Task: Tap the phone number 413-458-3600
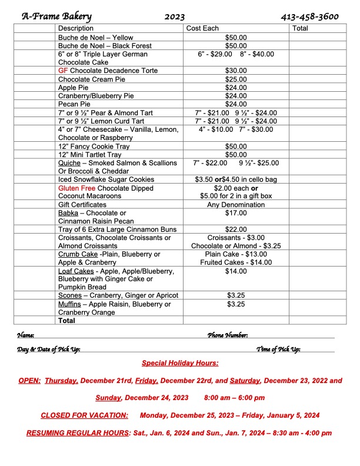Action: click(310, 16)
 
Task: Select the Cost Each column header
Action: click(202, 28)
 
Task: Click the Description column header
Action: click(76, 28)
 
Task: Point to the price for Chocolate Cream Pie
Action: click(236, 79)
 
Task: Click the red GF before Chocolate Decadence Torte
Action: click(63, 70)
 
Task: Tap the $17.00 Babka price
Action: click(236, 213)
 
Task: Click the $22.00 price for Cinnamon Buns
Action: click(236, 229)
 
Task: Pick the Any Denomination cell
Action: click(236, 205)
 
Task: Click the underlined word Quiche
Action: click(69, 163)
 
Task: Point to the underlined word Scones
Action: click(70, 295)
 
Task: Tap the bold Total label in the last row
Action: click(66, 321)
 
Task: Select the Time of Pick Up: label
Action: click(278, 349)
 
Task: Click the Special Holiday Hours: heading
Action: click(180, 363)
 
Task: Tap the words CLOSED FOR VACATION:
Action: click(84, 415)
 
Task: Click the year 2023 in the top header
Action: click(175, 16)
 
